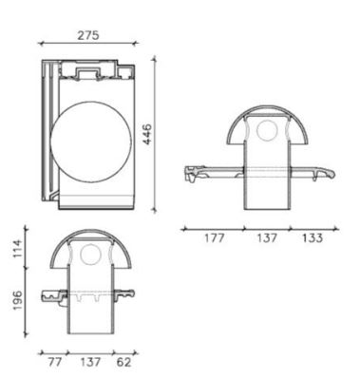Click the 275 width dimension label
click(88, 35)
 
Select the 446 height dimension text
click(173, 134)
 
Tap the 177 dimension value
click(214, 238)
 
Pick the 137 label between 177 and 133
click(267, 238)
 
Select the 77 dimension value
click(55, 362)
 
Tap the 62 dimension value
click(123, 362)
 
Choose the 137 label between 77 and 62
click(89, 362)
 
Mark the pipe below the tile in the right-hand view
click(267, 195)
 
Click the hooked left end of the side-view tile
click(192, 174)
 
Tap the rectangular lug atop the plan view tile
click(91, 69)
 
